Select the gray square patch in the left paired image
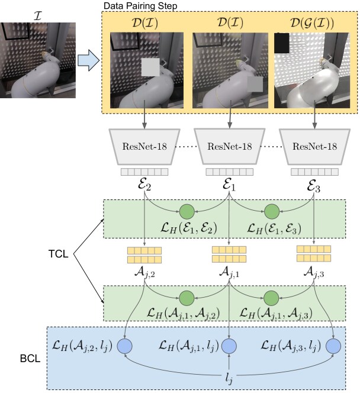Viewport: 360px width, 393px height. click(x=150, y=67)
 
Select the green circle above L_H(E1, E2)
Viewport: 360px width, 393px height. click(x=187, y=211)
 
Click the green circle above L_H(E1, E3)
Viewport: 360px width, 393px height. click(x=272, y=211)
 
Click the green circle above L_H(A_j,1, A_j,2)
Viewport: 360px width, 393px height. click(x=187, y=297)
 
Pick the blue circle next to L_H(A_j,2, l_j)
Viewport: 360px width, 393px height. click(x=125, y=344)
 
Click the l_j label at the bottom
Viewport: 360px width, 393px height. click(x=229, y=376)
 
